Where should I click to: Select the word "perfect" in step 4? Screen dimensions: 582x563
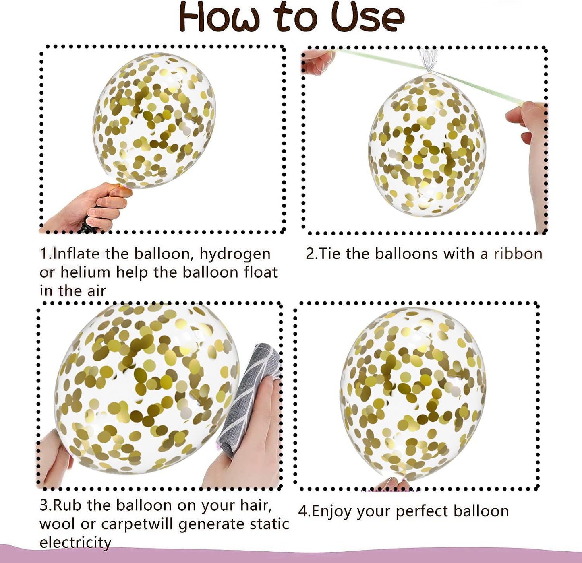coord(422,512)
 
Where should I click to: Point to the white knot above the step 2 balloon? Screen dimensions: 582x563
coord(428,60)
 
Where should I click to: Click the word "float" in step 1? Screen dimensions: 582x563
coord(261,272)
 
